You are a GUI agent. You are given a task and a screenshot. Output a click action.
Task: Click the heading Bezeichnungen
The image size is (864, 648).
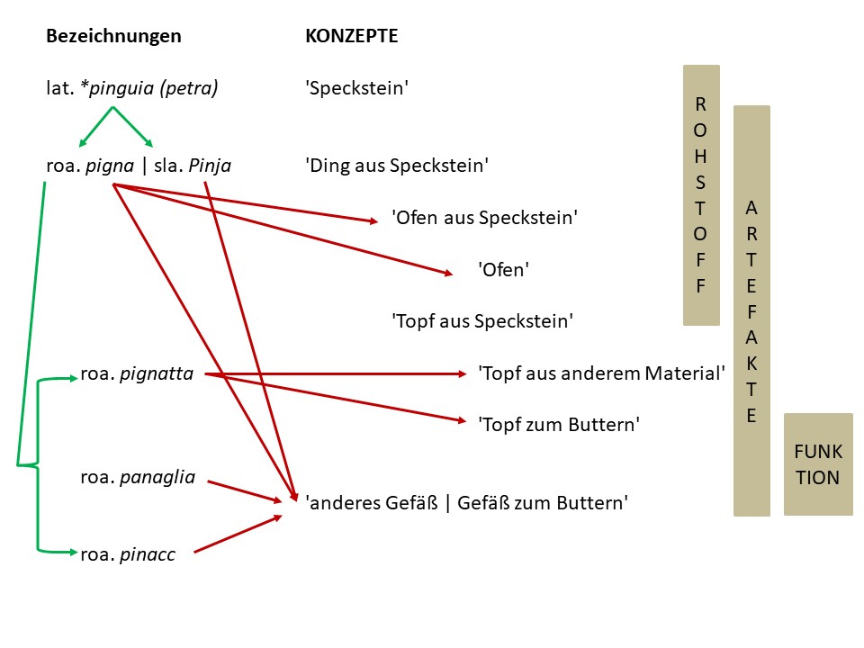click(113, 37)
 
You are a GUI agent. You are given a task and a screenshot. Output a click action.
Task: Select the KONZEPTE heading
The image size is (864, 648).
click(351, 37)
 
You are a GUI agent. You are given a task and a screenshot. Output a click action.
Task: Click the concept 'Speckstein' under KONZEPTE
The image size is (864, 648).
click(357, 88)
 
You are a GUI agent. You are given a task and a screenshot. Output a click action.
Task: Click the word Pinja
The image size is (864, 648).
click(210, 166)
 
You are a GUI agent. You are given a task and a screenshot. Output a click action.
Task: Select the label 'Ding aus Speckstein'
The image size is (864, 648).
click(397, 166)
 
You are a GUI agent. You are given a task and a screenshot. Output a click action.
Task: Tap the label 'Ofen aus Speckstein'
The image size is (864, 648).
click(484, 218)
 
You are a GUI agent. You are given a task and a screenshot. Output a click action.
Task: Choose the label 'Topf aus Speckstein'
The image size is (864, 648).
click(482, 321)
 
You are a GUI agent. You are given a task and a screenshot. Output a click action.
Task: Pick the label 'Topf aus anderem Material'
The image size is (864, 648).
click(601, 373)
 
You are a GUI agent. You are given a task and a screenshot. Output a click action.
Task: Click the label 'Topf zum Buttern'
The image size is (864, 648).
click(558, 425)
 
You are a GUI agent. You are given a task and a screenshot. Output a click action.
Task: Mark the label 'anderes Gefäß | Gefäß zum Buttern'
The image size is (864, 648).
click(466, 503)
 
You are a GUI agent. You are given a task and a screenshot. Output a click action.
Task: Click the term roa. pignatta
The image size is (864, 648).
click(137, 373)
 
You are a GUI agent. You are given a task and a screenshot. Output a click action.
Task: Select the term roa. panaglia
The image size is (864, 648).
click(138, 477)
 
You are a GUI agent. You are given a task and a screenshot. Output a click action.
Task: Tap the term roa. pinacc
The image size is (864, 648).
click(127, 554)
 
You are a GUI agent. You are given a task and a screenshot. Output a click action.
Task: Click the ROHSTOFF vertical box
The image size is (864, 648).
click(701, 194)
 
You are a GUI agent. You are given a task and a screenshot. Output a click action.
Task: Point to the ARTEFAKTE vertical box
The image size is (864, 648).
click(751, 310)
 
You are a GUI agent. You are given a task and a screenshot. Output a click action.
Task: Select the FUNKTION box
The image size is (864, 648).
click(817, 463)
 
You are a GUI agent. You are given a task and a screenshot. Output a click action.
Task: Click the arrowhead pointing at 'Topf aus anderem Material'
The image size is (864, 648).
click(462, 373)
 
